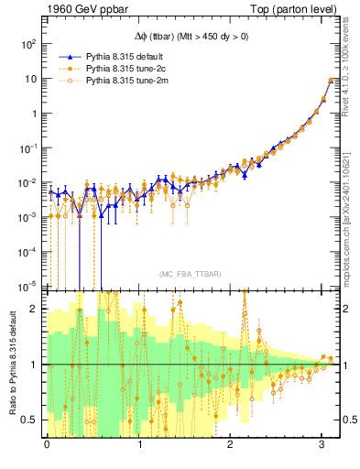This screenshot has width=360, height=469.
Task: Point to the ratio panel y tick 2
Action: (35, 309)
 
